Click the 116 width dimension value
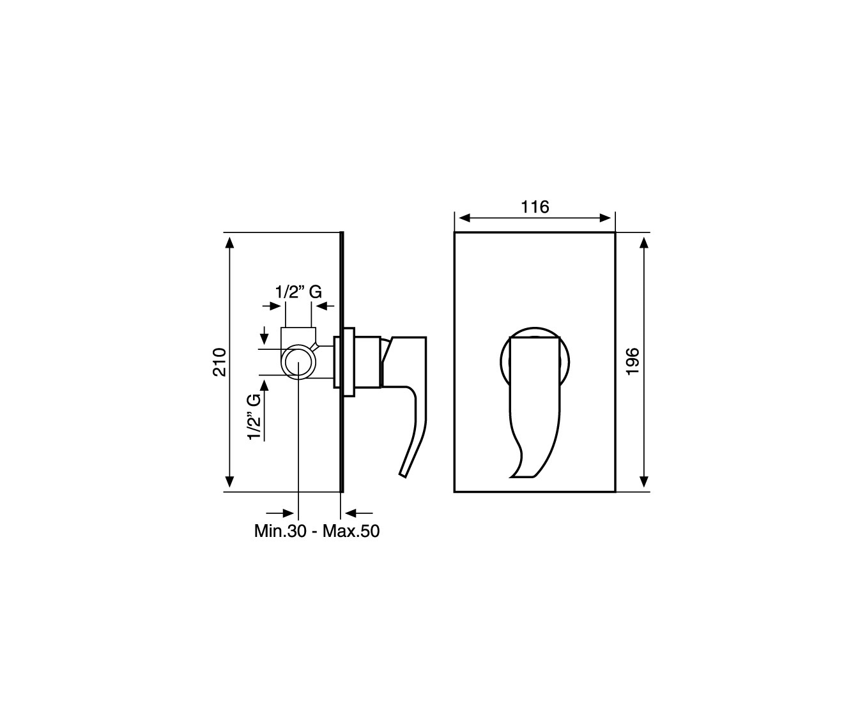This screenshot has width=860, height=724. pos(535,207)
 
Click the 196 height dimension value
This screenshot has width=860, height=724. pos(633,362)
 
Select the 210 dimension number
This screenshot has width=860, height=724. pos(220,362)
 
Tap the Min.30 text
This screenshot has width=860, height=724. pos(280,531)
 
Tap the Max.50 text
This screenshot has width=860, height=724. pos(351,531)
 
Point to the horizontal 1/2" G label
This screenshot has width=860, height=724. pos(298,292)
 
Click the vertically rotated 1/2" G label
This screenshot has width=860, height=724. pos(254,417)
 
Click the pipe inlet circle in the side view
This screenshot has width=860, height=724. pos(298,362)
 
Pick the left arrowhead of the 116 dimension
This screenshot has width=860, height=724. pos(465,218)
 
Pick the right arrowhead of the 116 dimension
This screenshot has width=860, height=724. pos(605,218)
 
